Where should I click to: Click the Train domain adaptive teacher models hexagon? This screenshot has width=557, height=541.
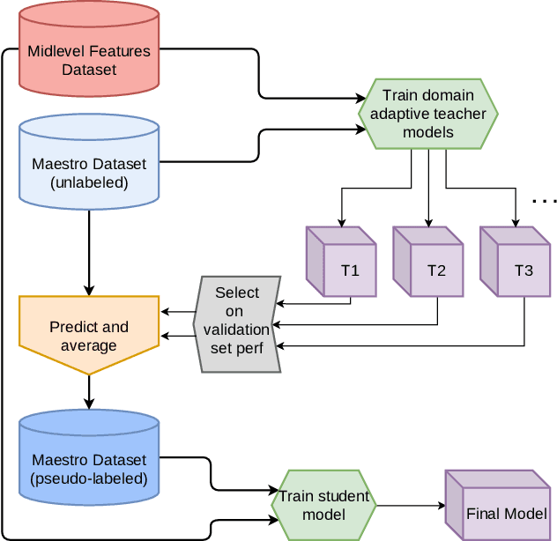click(428, 114)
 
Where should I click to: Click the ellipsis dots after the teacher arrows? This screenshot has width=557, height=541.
click(545, 202)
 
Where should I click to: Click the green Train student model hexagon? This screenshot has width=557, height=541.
click(323, 505)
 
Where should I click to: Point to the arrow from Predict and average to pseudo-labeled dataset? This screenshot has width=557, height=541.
click(88, 392)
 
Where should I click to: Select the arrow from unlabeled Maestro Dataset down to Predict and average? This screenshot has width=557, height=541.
click(88, 256)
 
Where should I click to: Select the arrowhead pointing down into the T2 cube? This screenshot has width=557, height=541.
click(427, 221)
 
